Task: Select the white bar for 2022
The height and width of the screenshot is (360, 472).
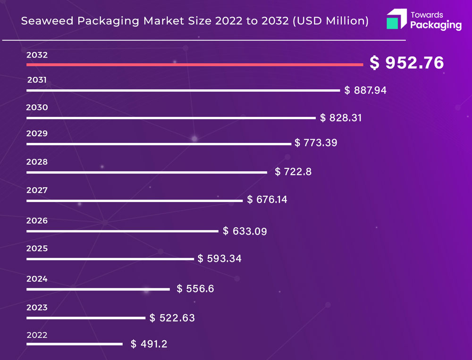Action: [74, 344]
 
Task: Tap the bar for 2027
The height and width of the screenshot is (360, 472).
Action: [135, 201]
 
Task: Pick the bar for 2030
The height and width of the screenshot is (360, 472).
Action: [171, 118]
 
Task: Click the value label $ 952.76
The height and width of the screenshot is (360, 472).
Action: [406, 63]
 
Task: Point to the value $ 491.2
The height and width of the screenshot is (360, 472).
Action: [149, 344]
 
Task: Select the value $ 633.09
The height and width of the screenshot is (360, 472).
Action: [245, 231]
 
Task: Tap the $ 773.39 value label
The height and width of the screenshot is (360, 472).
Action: [316, 142]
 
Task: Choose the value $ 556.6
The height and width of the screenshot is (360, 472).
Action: [195, 288]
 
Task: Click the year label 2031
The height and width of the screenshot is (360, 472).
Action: [37, 80]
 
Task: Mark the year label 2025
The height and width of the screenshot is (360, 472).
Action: [37, 248]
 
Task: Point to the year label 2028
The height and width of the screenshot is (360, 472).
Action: [37, 162]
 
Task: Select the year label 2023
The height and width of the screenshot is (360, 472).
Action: [37, 308]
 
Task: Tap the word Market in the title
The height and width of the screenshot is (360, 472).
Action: [163, 21]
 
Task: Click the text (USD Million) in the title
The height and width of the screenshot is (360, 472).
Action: [330, 21]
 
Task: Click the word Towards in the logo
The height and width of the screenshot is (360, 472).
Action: [427, 15]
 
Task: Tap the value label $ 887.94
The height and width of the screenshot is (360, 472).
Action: [365, 90]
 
